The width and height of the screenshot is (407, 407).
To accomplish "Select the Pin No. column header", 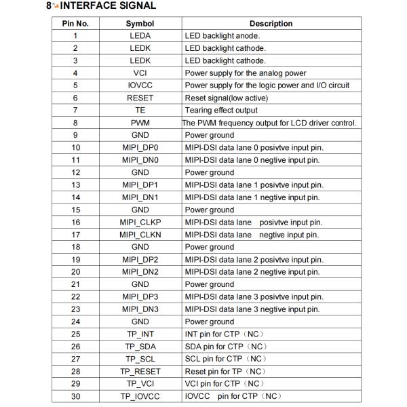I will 75,24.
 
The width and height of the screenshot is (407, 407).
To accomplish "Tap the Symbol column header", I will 140,24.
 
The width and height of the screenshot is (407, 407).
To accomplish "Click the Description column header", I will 271,24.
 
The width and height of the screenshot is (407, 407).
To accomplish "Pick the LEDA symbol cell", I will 140,36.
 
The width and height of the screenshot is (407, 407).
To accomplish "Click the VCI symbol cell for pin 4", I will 140,73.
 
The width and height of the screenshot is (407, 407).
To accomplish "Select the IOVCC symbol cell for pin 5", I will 140,85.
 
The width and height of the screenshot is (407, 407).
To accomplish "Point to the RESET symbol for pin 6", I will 140,98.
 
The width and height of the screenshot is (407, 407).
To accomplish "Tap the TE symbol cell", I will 140,111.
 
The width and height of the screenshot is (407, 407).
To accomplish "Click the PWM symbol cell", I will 140,123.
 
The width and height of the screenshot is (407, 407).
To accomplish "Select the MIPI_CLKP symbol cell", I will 140,222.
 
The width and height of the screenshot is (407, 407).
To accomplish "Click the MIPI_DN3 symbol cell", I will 140,309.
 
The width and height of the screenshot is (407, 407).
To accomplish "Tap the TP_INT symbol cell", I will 140,334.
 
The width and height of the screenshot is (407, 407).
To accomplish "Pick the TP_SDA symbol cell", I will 140,347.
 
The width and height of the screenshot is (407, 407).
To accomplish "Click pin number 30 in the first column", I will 75,396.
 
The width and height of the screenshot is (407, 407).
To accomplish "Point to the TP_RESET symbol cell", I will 140,372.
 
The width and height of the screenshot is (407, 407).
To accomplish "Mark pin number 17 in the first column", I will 75,235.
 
